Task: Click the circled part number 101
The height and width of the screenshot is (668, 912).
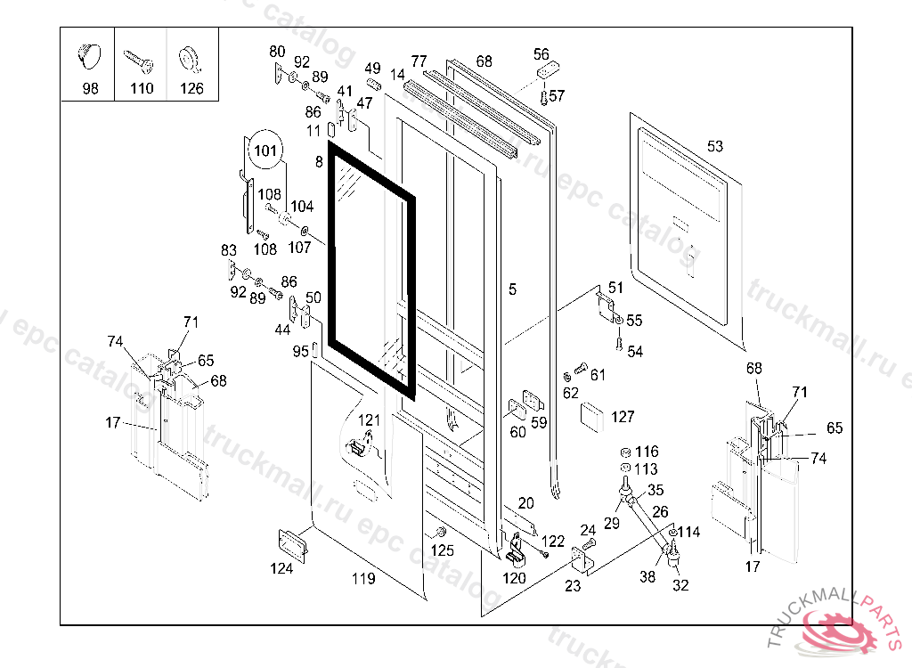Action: pos(266,149)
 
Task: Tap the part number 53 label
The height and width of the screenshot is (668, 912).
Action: pos(716,146)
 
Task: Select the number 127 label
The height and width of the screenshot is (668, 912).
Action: pos(623,417)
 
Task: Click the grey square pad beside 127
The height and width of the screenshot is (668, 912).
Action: pos(592,416)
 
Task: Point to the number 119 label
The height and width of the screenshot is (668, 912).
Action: pos(362,579)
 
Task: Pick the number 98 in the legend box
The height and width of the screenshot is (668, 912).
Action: pos(90,88)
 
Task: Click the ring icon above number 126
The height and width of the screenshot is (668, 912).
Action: pos(189,58)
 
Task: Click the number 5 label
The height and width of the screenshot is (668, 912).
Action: pos(512,289)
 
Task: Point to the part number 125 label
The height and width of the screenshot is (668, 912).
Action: pos(443,550)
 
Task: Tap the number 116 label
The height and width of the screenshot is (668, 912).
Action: pos(647,452)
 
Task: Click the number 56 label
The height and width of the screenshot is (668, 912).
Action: pos(541,54)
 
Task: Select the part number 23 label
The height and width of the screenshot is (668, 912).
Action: pos(573,586)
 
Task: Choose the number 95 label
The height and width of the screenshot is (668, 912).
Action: pos(300,351)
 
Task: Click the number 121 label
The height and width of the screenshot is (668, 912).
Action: pos(369,420)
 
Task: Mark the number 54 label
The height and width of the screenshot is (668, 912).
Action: pos(634,352)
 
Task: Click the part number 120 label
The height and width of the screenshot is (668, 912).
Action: pos(514,578)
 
